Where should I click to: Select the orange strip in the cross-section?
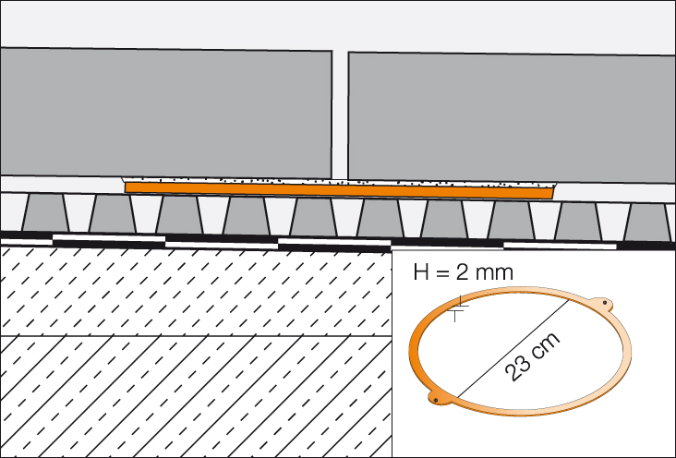pos(338,190)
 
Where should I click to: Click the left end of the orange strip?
pos(129,187)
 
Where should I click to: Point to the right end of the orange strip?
pos(549,194)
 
